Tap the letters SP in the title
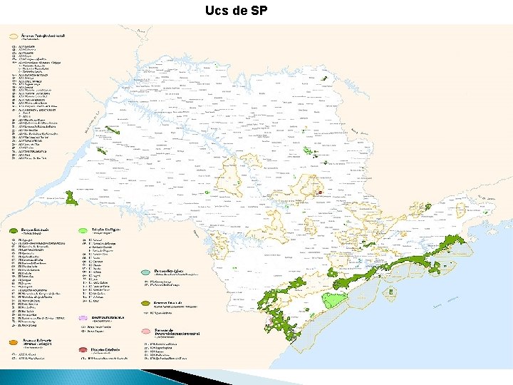click(x=259, y=11)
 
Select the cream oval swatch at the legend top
click(x=13, y=34)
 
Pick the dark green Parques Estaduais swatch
click(x=13, y=231)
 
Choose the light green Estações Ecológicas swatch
click(x=83, y=231)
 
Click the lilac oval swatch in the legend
click(x=83, y=317)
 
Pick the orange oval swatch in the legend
click(x=13, y=343)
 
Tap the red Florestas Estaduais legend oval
click(x=83, y=350)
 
